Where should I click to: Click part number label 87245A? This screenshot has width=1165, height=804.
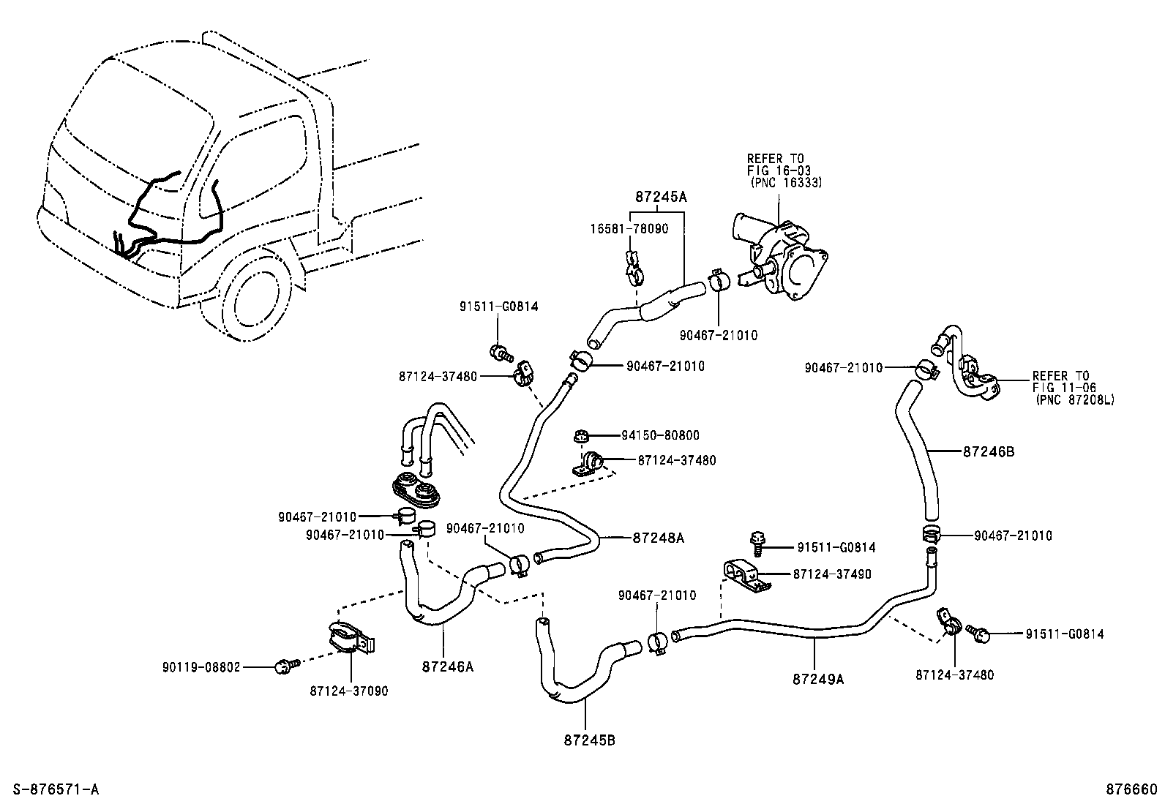click(661, 197)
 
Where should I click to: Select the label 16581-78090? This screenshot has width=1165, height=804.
click(629, 229)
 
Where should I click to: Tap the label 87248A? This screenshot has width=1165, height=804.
click(658, 538)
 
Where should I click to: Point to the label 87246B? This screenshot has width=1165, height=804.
click(988, 451)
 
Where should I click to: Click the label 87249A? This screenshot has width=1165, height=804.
click(818, 678)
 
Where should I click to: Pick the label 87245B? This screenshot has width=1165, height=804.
click(589, 740)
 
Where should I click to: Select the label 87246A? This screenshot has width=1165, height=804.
click(447, 666)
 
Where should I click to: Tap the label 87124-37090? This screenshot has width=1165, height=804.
click(348, 691)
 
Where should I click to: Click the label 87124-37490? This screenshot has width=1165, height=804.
click(832, 574)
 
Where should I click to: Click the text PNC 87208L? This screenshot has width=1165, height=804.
click(1074, 400)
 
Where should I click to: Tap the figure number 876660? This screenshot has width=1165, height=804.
click(1131, 789)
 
